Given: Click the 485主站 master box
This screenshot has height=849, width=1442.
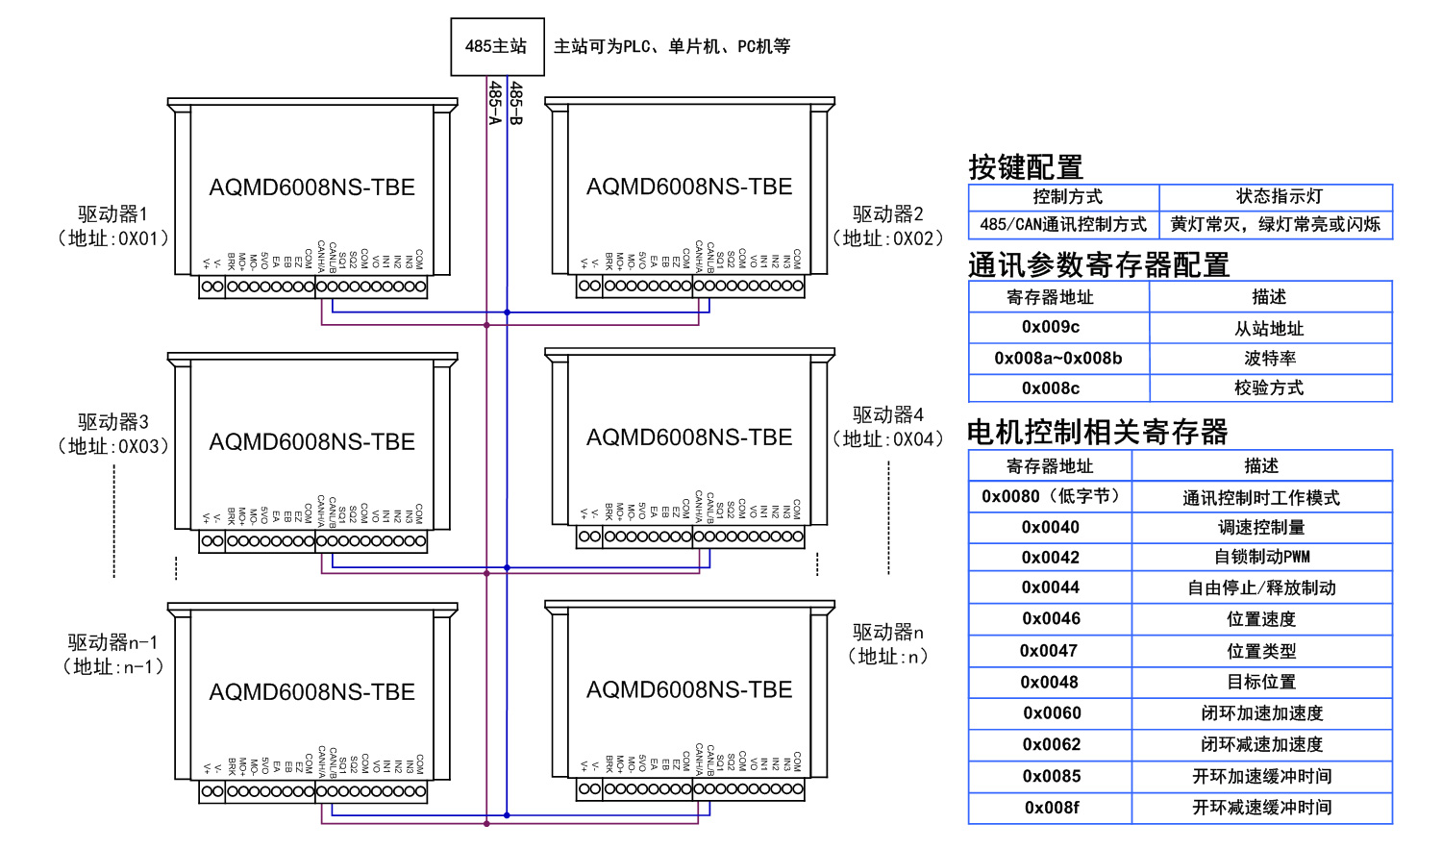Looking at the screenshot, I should click(497, 46).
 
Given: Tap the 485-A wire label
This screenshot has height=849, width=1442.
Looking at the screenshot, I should click(495, 102).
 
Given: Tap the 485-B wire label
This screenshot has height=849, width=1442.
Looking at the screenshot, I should click(516, 102).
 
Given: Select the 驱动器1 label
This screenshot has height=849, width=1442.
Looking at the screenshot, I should click(112, 213).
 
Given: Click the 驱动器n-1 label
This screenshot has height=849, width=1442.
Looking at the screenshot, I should click(112, 642).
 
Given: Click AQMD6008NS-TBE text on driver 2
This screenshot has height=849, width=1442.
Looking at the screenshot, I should click(689, 187).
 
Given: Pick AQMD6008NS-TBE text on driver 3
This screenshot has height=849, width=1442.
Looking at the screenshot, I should click(311, 441).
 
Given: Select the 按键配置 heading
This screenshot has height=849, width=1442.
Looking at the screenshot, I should click(1026, 167).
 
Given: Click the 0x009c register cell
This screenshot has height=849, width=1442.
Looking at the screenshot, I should click(1050, 327).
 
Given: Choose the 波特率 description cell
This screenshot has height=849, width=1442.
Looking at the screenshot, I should click(1269, 359).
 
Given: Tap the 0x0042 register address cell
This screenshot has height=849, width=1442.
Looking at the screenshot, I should click(1050, 558).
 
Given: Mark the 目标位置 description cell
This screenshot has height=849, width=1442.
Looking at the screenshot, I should click(1261, 682).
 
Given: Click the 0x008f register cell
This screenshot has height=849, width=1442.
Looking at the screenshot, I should click(1051, 808).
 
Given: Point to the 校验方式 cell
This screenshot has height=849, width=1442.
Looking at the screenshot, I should click(1269, 388).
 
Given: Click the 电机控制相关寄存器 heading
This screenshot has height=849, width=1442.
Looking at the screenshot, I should click(1097, 432).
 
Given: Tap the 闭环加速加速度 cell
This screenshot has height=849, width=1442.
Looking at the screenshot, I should click(1261, 713).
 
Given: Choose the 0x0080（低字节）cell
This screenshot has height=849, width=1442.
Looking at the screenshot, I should click(1050, 496).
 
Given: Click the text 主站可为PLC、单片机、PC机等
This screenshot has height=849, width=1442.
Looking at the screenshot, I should click(672, 46).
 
